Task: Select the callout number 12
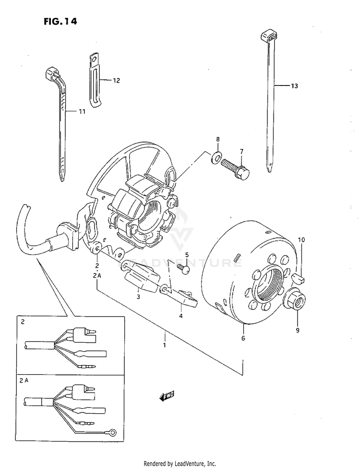coord(116,81)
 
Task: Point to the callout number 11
coord(82,111)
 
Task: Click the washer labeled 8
coord(216,156)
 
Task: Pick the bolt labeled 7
coord(235,169)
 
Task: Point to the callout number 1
coord(164,345)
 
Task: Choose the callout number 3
coord(138,297)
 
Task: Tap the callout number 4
coord(180,316)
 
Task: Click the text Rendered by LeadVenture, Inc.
coord(180,463)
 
